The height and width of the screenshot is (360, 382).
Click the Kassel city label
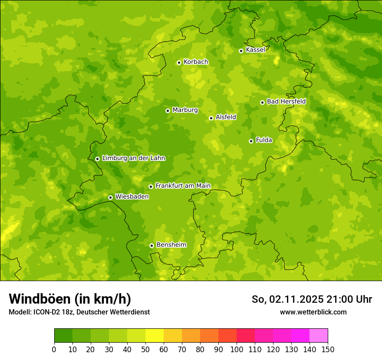[x=255, y=50]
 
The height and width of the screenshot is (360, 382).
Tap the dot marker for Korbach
[x=179, y=62]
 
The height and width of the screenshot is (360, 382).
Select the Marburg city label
[x=185, y=110]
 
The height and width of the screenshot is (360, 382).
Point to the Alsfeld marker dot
[x=211, y=118]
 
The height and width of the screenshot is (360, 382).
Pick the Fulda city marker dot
[x=251, y=141]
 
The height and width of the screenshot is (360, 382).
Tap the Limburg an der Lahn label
[x=133, y=158]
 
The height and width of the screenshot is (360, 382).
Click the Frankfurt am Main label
[x=183, y=186]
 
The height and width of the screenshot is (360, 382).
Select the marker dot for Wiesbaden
[x=110, y=197]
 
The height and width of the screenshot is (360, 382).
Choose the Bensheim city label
[x=171, y=245]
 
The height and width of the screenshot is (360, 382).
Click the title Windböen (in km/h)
[x=70, y=299]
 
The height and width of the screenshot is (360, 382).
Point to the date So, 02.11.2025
[x=287, y=299]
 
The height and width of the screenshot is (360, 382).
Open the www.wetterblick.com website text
[x=313, y=312]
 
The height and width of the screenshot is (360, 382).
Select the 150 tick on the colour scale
[x=328, y=349]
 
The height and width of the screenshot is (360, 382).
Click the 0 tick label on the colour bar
[x=54, y=349]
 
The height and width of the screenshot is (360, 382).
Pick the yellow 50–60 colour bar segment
[x=155, y=336]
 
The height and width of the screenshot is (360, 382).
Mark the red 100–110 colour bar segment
[x=246, y=336]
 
